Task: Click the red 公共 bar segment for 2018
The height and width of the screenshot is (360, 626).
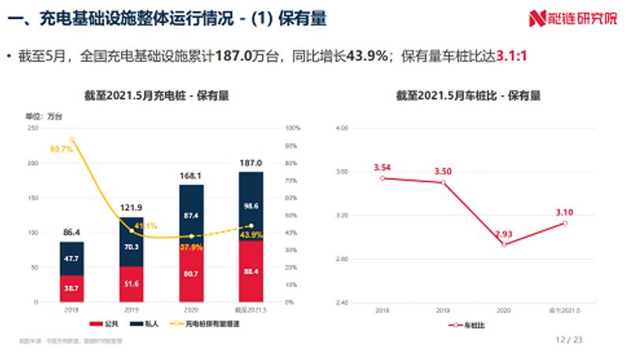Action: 72,288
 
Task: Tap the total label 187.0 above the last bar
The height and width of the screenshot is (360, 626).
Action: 250,163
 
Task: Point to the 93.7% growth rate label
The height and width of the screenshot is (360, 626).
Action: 61,148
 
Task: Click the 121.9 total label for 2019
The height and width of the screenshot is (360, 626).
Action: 131,208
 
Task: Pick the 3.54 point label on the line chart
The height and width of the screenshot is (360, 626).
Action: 383,167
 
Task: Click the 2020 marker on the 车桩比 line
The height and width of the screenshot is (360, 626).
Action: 503,244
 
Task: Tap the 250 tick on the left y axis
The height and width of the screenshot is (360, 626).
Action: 32,128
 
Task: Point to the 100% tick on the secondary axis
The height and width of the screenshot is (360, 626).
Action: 292,128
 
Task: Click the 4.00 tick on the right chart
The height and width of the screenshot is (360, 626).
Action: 342,128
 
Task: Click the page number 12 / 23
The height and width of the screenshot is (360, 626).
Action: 569,340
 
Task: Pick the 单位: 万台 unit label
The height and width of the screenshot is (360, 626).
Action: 46,116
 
